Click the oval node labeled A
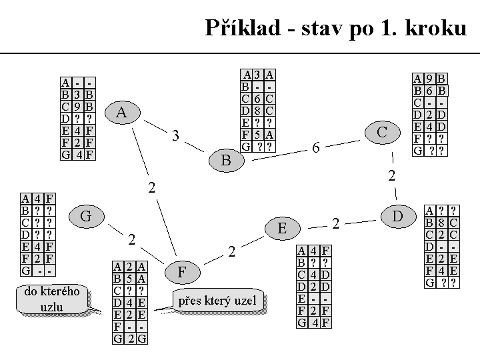pyautogui.click(x=121, y=112)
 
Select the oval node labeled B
pyautogui.click(x=226, y=160)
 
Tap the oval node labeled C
pyautogui.click(x=382, y=132)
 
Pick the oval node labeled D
pyautogui.click(x=398, y=216)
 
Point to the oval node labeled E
pyautogui.click(x=282, y=229)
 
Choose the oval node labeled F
pyautogui.click(x=182, y=272)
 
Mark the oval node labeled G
pyautogui.click(x=85, y=216)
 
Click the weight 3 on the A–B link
pyautogui.click(x=175, y=136)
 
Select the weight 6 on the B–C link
pyautogui.click(x=316, y=148)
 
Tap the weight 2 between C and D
pyautogui.click(x=392, y=176)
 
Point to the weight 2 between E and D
pyautogui.click(x=336, y=223)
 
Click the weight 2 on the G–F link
pyautogui.click(x=132, y=239)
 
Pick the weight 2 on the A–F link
pyautogui.click(x=152, y=188)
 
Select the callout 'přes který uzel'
pyautogui.click(x=217, y=301)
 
